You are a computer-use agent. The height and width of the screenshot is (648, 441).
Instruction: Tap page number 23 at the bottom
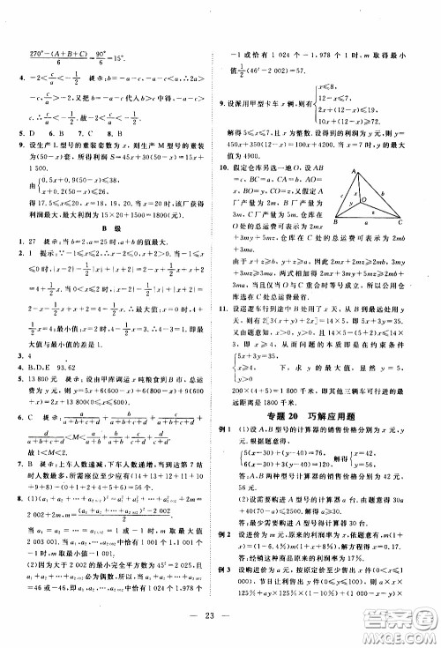[x=220, y=629]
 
